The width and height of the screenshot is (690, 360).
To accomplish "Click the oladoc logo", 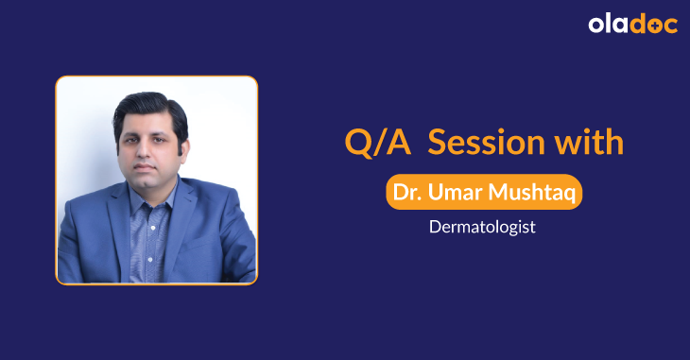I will (x=632, y=25).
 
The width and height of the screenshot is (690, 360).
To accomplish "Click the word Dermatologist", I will (x=483, y=227).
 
